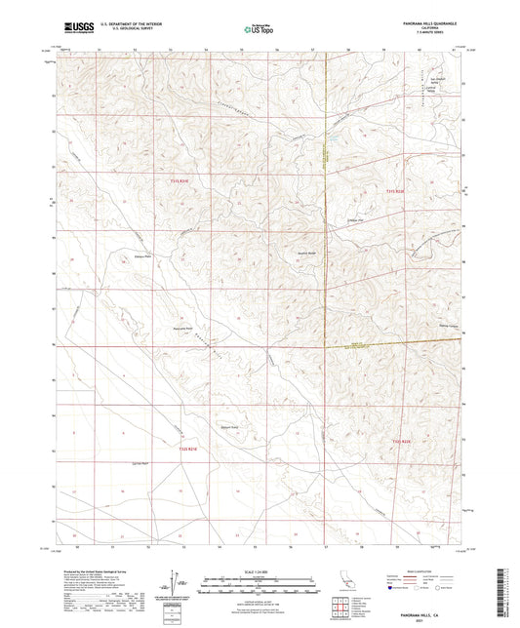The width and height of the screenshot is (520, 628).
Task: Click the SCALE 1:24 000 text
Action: tap(261, 571)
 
